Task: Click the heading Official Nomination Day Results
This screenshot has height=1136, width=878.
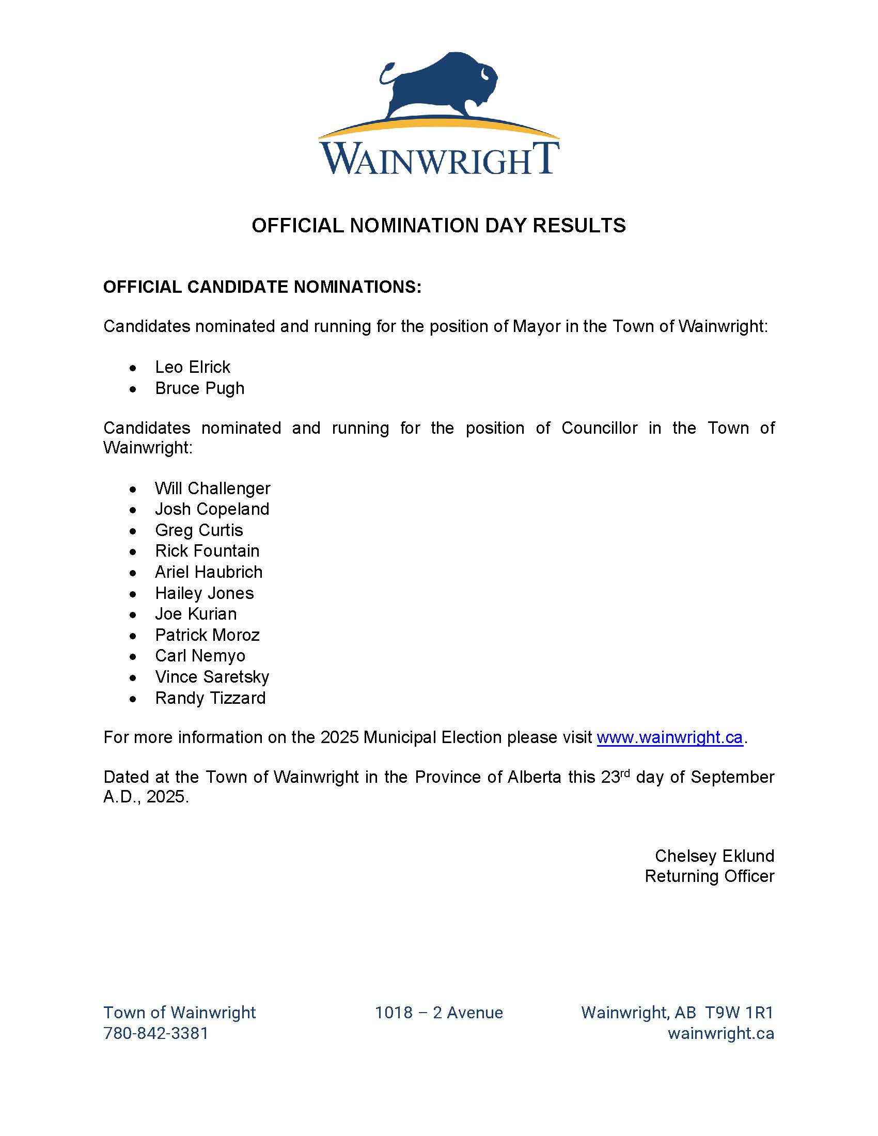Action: (438, 226)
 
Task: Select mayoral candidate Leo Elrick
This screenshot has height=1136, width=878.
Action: (193, 367)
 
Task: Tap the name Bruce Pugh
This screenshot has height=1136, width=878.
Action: (199, 388)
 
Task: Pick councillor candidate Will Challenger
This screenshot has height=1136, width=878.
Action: (212, 488)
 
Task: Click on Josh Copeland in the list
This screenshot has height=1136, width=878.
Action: (212, 509)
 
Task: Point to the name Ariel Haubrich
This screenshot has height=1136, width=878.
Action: (209, 572)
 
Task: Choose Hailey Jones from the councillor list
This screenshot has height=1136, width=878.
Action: (204, 593)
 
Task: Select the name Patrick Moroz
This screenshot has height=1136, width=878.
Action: (207, 635)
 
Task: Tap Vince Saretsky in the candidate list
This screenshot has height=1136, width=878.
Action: (212, 677)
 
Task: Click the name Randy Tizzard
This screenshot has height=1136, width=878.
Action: (210, 698)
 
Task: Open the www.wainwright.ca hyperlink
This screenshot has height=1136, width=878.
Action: (669, 737)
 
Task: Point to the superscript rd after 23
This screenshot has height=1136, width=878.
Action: (625, 773)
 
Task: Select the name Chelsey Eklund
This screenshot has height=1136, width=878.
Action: (714, 856)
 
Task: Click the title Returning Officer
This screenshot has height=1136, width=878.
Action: (709, 876)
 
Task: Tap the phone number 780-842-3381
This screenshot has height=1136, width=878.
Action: (155, 1033)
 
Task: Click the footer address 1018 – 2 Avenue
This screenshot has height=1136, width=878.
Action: (438, 1013)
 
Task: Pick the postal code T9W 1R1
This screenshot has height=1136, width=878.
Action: (739, 1013)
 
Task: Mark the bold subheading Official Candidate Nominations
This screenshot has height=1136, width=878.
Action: (262, 287)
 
